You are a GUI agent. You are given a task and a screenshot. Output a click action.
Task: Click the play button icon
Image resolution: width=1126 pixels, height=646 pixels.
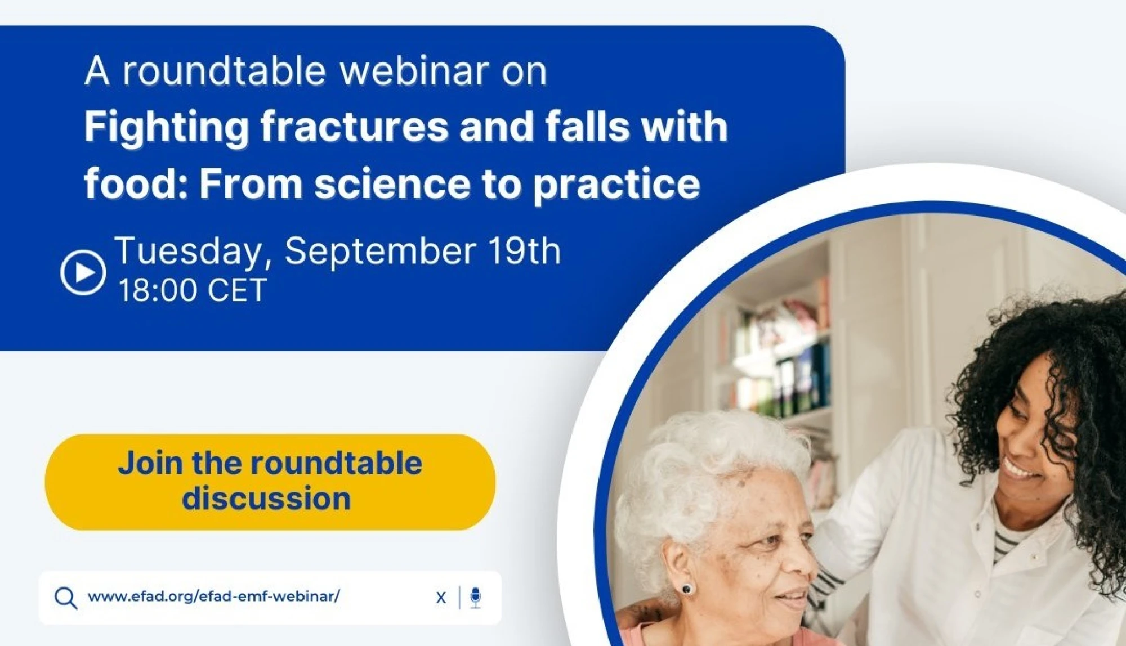tap(83, 272)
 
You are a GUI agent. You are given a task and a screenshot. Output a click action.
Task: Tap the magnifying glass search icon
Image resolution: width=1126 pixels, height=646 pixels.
tap(66, 598)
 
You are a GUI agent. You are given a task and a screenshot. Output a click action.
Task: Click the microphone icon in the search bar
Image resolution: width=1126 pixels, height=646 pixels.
tap(476, 598)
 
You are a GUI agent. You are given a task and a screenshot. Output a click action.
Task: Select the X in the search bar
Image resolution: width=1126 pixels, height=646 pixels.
tap(441, 598)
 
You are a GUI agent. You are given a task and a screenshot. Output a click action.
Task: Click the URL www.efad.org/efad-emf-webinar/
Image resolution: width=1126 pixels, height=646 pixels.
tap(214, 596)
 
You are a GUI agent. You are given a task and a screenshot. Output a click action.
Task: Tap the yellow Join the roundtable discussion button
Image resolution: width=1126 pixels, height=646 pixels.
tap(270, 482)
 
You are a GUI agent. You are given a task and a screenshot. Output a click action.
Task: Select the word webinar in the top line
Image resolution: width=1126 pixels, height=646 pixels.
tap(414, 71)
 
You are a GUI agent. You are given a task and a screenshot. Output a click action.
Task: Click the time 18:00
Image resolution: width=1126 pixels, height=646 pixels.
tap(157, 290)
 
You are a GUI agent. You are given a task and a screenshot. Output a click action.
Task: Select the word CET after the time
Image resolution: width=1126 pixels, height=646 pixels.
tap(237, 290)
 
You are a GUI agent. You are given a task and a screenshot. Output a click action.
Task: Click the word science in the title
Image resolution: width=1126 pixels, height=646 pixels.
tap(392, 184)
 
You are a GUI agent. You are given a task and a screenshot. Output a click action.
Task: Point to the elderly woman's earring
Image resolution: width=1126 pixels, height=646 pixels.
tap(686, 589)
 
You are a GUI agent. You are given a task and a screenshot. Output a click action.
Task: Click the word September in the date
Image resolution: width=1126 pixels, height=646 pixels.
tap(381, 252)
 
